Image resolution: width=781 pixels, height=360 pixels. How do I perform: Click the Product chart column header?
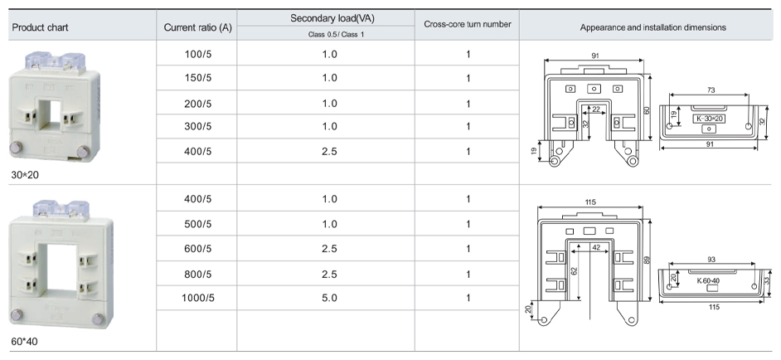click(40, 27)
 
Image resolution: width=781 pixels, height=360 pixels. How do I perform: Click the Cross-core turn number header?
click(468, 24)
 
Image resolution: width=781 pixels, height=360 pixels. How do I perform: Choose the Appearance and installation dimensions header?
click(652, 27)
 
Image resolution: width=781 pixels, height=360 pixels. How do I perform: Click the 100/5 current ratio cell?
click(197, 54)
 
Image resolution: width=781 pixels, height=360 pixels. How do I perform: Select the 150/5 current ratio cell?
click(197, 78)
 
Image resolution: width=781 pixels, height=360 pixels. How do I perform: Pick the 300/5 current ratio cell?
click(197, 126)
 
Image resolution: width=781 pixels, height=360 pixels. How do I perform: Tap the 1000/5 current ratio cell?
click(197, 297)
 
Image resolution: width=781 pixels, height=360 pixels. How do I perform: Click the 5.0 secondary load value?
click(329, 297)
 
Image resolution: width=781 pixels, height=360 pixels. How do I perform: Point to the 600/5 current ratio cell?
click(197, 248)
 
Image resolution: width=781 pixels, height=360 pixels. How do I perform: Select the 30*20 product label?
click(25, 176)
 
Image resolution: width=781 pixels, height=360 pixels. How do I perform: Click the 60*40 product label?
click(25, 342)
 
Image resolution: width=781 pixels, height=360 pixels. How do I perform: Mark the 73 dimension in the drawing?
click(711, 89)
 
